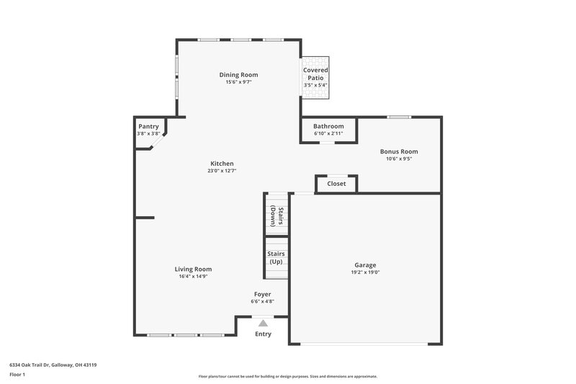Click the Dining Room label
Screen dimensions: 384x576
(238, 74)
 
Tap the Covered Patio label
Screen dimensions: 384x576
(315, 73)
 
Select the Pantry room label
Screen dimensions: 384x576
(148, 126)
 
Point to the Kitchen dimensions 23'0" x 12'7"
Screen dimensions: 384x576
(222, 171)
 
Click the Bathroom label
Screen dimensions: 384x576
(328, 126)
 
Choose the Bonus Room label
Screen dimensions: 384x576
(399, 151)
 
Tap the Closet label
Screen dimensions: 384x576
(336, 184)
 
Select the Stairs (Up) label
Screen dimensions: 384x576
(276, 257)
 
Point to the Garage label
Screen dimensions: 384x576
(365, 264)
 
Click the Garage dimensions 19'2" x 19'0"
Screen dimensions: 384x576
(365, 272)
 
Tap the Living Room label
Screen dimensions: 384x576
(193, 269)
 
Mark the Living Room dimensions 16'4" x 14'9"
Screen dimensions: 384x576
(193, 277)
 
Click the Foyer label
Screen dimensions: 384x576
(263, 294)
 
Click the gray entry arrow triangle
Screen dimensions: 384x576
(264, 323)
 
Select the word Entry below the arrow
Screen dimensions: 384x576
(264, 334)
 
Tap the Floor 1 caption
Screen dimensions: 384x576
(17, 375)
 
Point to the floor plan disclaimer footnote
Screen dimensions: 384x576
(287, 376)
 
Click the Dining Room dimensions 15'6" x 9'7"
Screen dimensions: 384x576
(238, 82)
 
